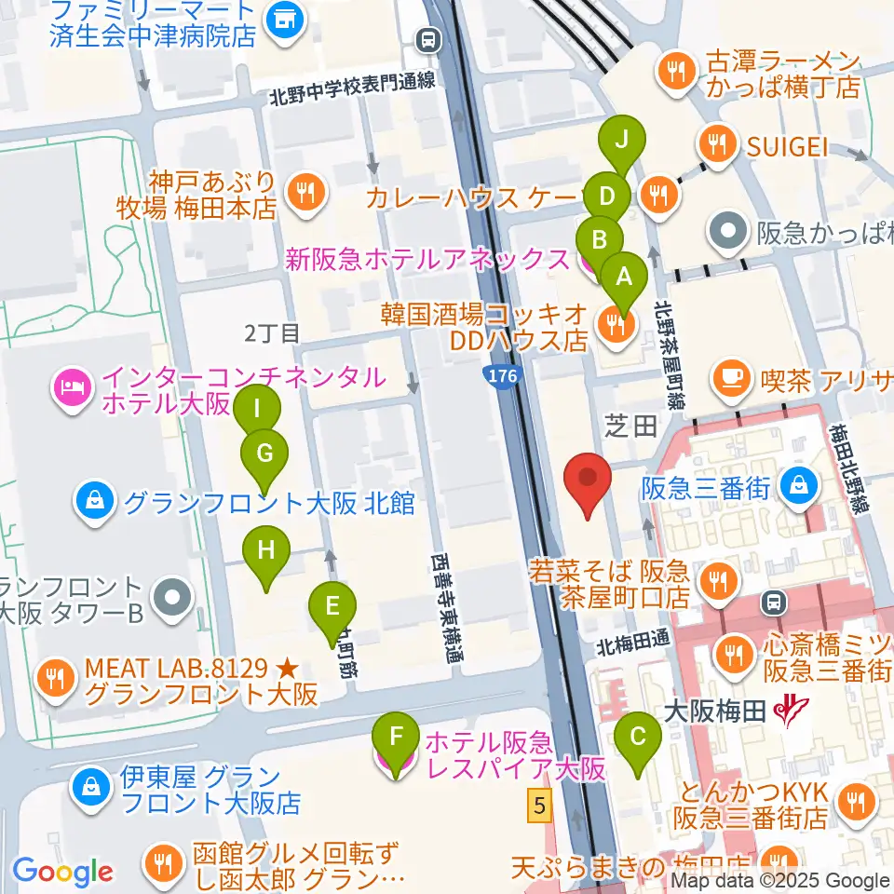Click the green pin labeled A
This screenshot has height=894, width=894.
tap(623, 277)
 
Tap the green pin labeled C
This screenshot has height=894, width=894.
tap(638, 737)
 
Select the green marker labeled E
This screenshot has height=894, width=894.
tap(332, 606)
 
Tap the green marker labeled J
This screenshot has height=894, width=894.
tap(625, 141)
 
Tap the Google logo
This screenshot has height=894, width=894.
tap(63, 872)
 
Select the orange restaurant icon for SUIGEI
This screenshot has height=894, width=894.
tap(717, 143)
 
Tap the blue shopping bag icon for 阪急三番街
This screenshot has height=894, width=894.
tap(799, 482)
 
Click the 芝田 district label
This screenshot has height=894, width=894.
tap(633, 427)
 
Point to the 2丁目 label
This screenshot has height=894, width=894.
tap(273, 332)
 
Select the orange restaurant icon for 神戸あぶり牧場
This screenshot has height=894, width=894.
tap(304, 193)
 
